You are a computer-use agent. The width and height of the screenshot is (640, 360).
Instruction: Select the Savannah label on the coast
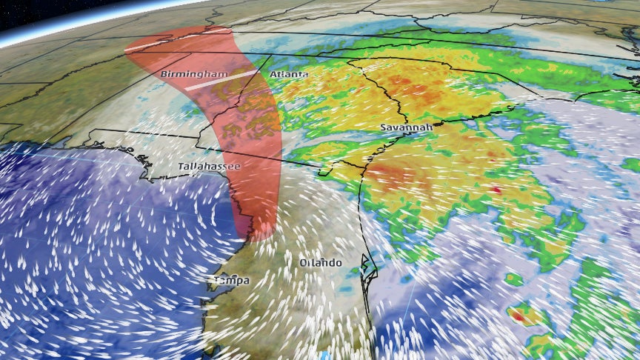pos(406,128)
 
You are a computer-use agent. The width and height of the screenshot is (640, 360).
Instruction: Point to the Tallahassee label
pos(209,167)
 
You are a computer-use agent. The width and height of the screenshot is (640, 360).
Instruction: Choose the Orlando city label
pos(321,264)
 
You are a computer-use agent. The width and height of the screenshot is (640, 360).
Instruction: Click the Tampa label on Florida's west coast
pos(232,281)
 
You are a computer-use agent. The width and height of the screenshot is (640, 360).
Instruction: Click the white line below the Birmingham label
pos(220,80)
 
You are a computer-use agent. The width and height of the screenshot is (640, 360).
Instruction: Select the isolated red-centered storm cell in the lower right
pos(521,316)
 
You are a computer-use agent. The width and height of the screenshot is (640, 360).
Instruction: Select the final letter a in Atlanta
pos(305,75)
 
